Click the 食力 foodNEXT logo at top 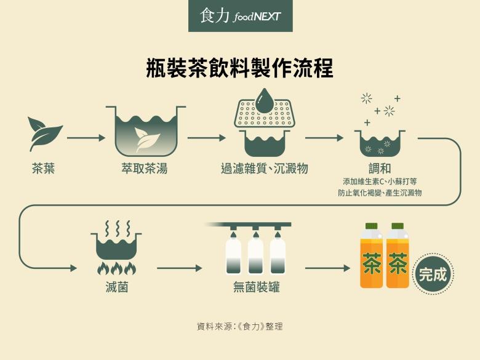tap(240, 16)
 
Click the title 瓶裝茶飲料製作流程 tap(240, 67)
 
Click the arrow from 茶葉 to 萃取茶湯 tap(86, 138)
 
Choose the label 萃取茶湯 tap(145, 167)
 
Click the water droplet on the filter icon tap(265, 101)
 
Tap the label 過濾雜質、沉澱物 tap(265, 168)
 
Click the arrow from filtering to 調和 tap(324, 138)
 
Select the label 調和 tap(380, 168)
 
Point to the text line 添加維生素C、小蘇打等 tap(380, 182)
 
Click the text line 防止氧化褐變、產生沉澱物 tap(380, 193)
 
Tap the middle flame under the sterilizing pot tap(116, 268)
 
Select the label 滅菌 tap(116, 287)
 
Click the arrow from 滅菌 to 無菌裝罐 tap(179, 268)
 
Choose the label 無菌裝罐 tap(257, 287)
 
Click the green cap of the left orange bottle tap(371, 226)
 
